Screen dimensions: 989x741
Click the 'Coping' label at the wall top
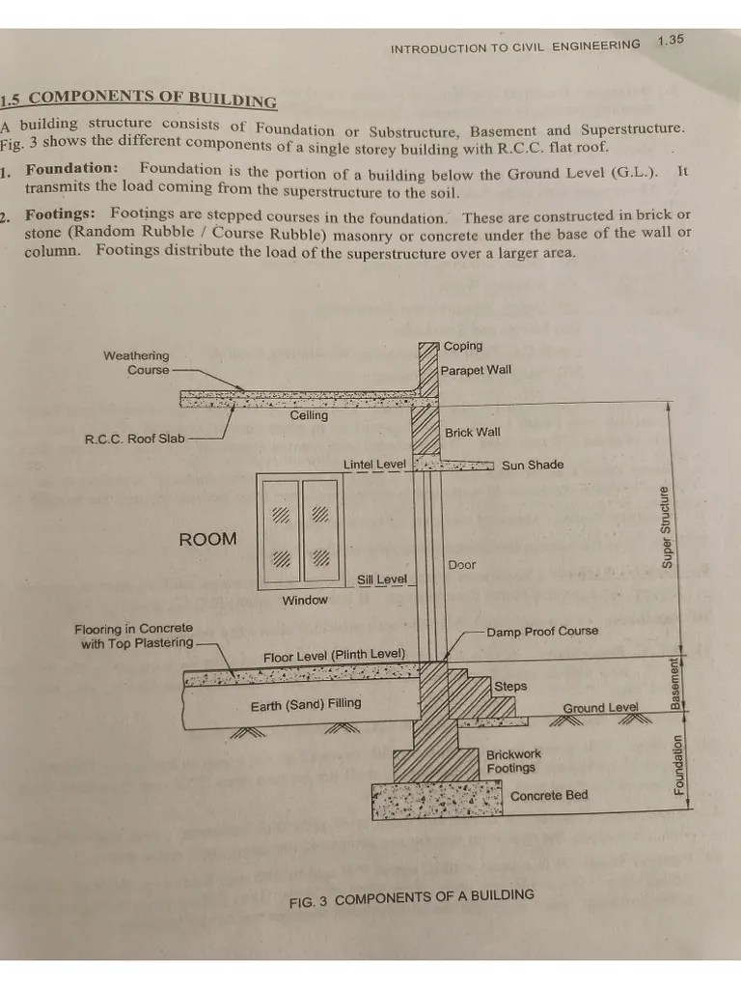click(463, 346)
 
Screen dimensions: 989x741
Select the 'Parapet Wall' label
click(476, 370)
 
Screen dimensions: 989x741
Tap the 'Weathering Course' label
click(136, 363)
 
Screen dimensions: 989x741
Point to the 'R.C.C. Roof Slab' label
click(134, 438)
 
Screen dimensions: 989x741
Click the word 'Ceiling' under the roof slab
click(309, 415)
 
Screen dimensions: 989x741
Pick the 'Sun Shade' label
click(533, 465)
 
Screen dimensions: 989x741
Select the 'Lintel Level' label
click(374, 465)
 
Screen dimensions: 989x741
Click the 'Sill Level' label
click(382, 579)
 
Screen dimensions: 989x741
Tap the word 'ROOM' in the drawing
click(207, 539)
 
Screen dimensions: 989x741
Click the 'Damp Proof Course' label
click(542, 631)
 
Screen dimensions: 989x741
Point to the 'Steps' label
click(511, 686)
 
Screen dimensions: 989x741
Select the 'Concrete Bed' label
click(549, 795)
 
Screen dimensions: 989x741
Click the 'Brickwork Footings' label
click(513, 761)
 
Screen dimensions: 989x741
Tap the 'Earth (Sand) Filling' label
click(306, 703)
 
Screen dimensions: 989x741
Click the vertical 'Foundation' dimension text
click(678, 765)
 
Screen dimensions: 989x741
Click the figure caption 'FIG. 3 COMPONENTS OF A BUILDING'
click(411, 898)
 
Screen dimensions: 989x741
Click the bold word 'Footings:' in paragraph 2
click(60, 213)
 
